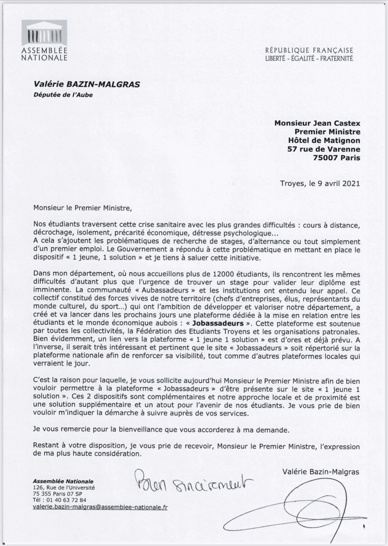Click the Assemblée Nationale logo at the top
44,40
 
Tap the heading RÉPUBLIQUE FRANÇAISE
309,51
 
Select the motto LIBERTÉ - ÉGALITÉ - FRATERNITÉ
309,59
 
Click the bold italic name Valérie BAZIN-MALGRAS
86,84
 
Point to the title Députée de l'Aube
63,95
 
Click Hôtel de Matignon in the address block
324,140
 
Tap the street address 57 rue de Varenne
324,149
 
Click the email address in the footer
100,507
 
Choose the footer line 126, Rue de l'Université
64,488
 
